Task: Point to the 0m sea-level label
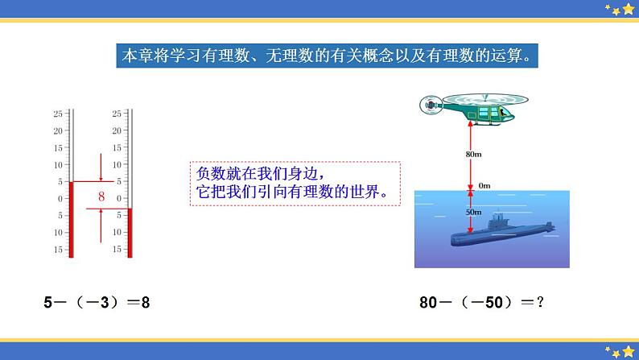[x=484, y=185]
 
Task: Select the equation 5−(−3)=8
[x=97, y=303]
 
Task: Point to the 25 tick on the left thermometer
[x=59, y=114]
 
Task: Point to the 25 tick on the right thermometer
[x=117, y=114]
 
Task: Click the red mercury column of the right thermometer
[x=130, y=232]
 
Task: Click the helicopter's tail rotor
[x=430, y=103]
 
